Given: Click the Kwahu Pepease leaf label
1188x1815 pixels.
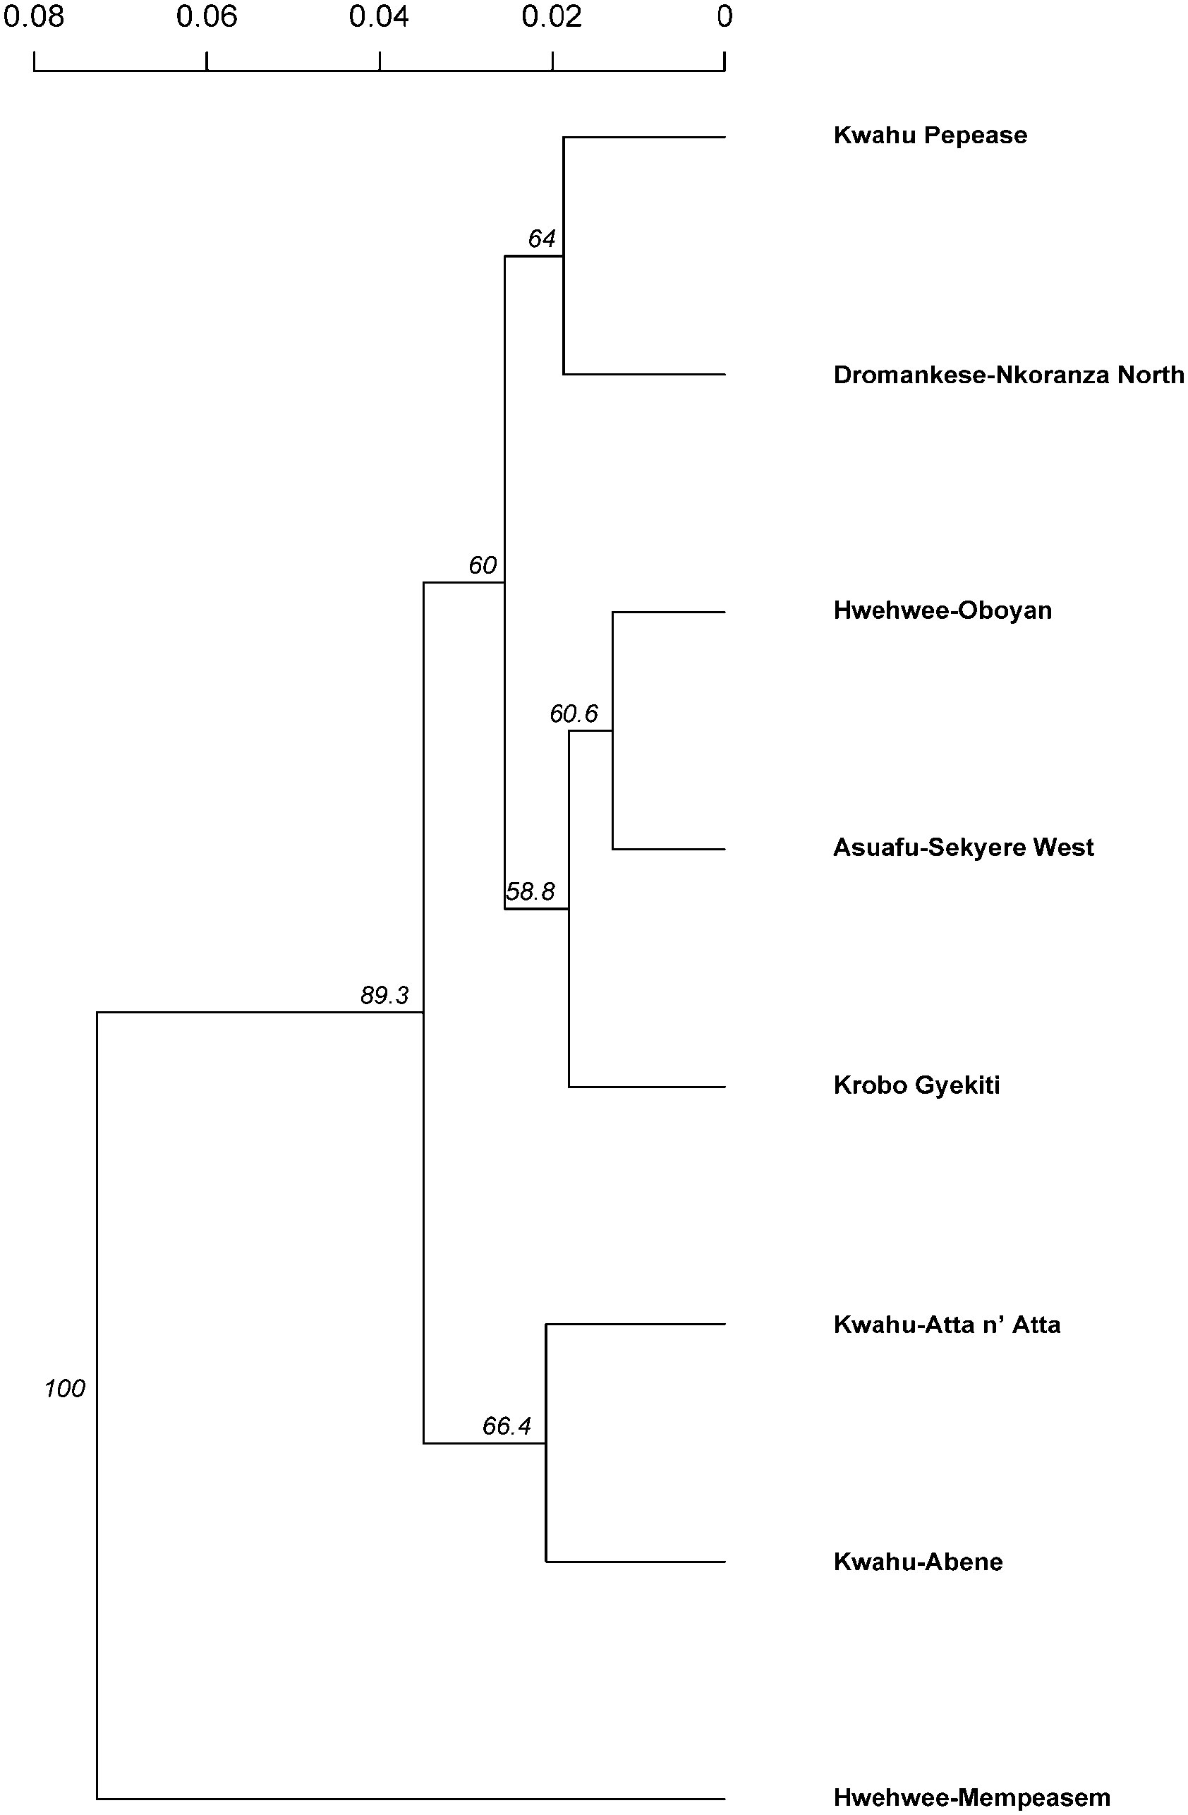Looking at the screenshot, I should (x=930, y=135).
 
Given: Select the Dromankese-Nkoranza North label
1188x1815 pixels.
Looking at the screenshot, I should (x=1008, y=375).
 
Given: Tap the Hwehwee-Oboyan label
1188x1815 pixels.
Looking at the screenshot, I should (x=942, y=611).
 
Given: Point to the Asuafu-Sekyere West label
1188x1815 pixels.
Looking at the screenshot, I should (x=963, y=848).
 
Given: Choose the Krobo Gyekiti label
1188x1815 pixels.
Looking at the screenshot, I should (x=916, y=1085).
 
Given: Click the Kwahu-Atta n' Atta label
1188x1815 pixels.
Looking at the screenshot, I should (x=946, y=1325).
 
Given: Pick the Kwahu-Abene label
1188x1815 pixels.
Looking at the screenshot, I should (x=917, y=1562).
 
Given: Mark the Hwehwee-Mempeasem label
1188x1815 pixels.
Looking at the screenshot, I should (x=971, y=1797).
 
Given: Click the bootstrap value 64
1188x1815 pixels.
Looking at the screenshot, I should (x=541, y=239).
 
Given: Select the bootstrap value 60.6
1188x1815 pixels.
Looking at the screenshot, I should (x=574, y=714).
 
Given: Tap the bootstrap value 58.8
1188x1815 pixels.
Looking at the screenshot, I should (x=530, y=891).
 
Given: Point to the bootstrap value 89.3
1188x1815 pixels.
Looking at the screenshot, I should (x=384, y=995).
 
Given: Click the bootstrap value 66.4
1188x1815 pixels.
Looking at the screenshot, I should (x=507, y=1426).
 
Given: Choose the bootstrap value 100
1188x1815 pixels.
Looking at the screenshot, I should (x=65, y=1389).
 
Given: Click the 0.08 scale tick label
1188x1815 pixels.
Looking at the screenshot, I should (x=34, y=17).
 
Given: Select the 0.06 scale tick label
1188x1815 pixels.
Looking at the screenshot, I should (x=207, y=17).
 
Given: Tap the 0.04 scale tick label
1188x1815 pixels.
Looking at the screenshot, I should (x=379, y=17).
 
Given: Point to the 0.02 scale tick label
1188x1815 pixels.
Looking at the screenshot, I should (x=551, y=17).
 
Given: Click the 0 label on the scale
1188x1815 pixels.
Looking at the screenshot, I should (x=725, y=17).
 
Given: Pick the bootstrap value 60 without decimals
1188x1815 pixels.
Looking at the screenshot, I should (x=482, y=565).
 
